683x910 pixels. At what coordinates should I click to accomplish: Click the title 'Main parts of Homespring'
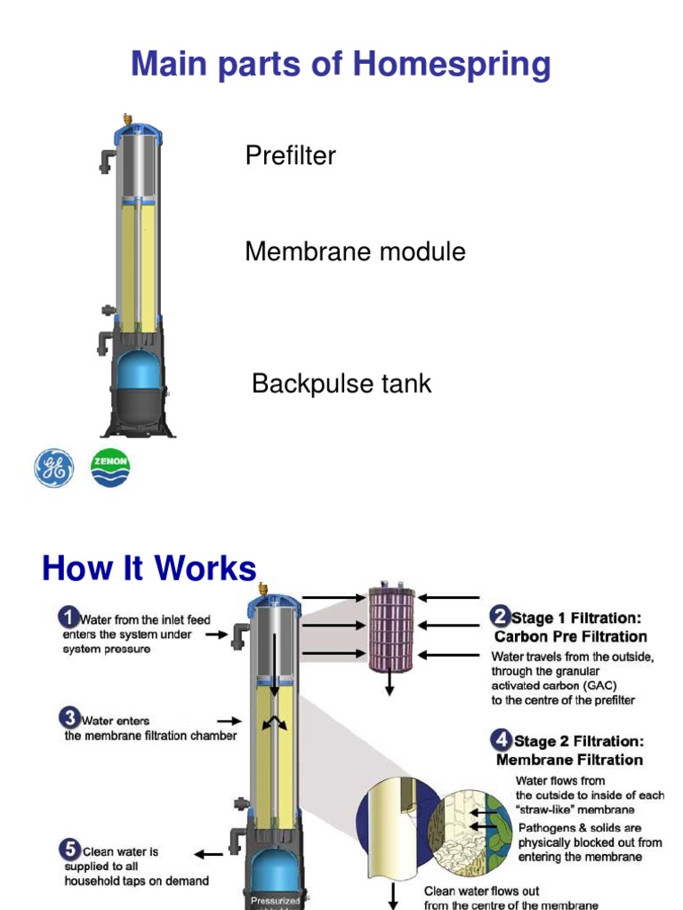(341, 65)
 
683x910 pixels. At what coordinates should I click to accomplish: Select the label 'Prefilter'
(290, 156)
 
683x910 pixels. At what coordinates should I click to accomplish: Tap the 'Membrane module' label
(355, 251)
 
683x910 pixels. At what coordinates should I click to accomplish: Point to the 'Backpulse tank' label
(341, 384)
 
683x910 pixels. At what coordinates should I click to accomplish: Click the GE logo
(54, 467)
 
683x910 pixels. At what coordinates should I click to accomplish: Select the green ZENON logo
(111, 467)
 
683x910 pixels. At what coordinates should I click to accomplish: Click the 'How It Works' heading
(149, 569)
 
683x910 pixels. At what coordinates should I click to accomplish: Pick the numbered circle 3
(68, 718)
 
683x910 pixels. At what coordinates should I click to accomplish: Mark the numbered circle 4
(502, 740)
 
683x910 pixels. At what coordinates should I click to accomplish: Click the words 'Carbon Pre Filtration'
(570, 636)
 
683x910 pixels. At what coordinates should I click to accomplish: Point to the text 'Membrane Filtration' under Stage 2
(569, 760)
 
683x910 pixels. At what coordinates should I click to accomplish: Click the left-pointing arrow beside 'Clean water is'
(209, 854)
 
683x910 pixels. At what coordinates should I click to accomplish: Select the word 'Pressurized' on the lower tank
(275, 900)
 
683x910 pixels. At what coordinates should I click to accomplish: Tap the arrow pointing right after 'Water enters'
(229, 722)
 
